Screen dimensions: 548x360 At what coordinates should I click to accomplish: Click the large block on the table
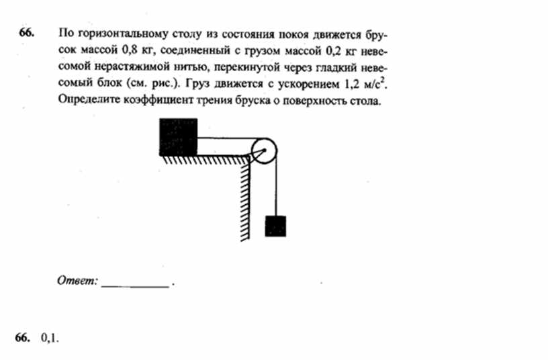tap(178, 137)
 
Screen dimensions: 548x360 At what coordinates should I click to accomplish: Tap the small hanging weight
tap(275, 226)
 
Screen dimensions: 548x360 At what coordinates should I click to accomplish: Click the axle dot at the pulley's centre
tap(264, 150)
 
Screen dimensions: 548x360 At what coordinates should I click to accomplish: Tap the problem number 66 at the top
tap(26, 32)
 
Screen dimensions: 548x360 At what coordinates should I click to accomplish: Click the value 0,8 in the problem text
tap(130, 50)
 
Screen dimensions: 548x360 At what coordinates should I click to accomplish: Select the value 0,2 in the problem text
tap(334, 51)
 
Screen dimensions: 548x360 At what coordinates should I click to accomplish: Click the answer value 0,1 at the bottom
tap(50, 338)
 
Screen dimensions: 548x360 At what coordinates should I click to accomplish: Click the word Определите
tap(89, 100)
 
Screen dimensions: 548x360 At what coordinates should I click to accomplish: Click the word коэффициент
tap(158, 100)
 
